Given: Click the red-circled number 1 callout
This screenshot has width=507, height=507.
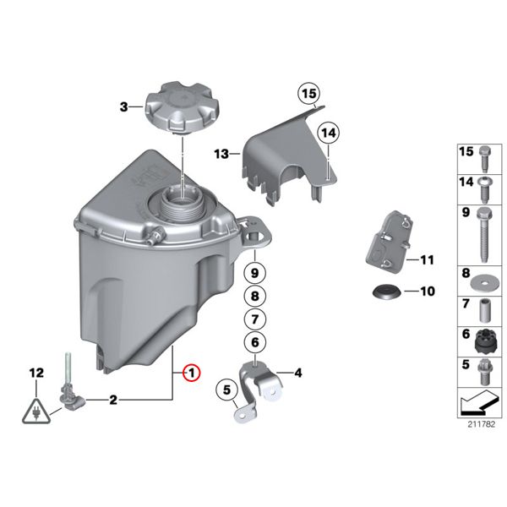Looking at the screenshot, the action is click(192, 373).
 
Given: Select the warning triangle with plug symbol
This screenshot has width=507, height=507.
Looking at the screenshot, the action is click(36, 412).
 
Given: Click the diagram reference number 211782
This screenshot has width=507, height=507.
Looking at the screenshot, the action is click(481, 424).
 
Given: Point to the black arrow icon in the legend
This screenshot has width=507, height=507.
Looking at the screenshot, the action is click(479, 403).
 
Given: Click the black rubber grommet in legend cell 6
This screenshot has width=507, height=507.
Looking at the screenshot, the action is click(484, 342).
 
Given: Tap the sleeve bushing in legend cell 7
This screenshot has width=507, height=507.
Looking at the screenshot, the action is click(484, 311).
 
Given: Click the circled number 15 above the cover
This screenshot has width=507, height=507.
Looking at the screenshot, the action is click(308, 94).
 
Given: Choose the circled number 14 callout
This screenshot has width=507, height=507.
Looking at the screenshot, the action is click(329, 133).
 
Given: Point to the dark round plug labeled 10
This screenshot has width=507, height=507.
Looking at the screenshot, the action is click(387, 292).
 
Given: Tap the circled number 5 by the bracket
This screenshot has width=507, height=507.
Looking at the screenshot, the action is click(226, 390).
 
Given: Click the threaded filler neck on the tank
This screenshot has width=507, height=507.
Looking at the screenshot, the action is click(183, 200).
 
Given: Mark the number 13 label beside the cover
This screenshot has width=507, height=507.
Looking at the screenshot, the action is click(221, 154).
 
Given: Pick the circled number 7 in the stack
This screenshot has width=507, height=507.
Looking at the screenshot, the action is click(255, 319).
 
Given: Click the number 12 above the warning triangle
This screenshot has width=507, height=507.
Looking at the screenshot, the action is click(36, 373).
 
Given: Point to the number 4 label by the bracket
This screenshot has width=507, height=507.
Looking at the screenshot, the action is click(297, 373).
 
